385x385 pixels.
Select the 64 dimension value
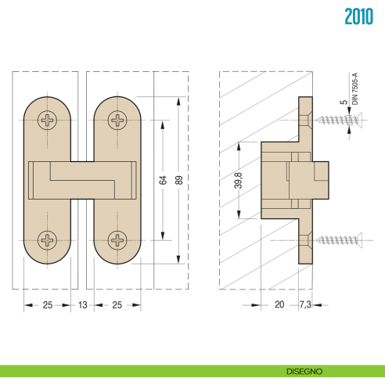(x=163, y=179)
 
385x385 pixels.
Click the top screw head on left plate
(x=49, y=121)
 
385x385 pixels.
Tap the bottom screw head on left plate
(x=49, y=239)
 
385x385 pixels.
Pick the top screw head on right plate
(x=118, y=121)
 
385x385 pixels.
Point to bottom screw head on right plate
(x=118, y=239)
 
